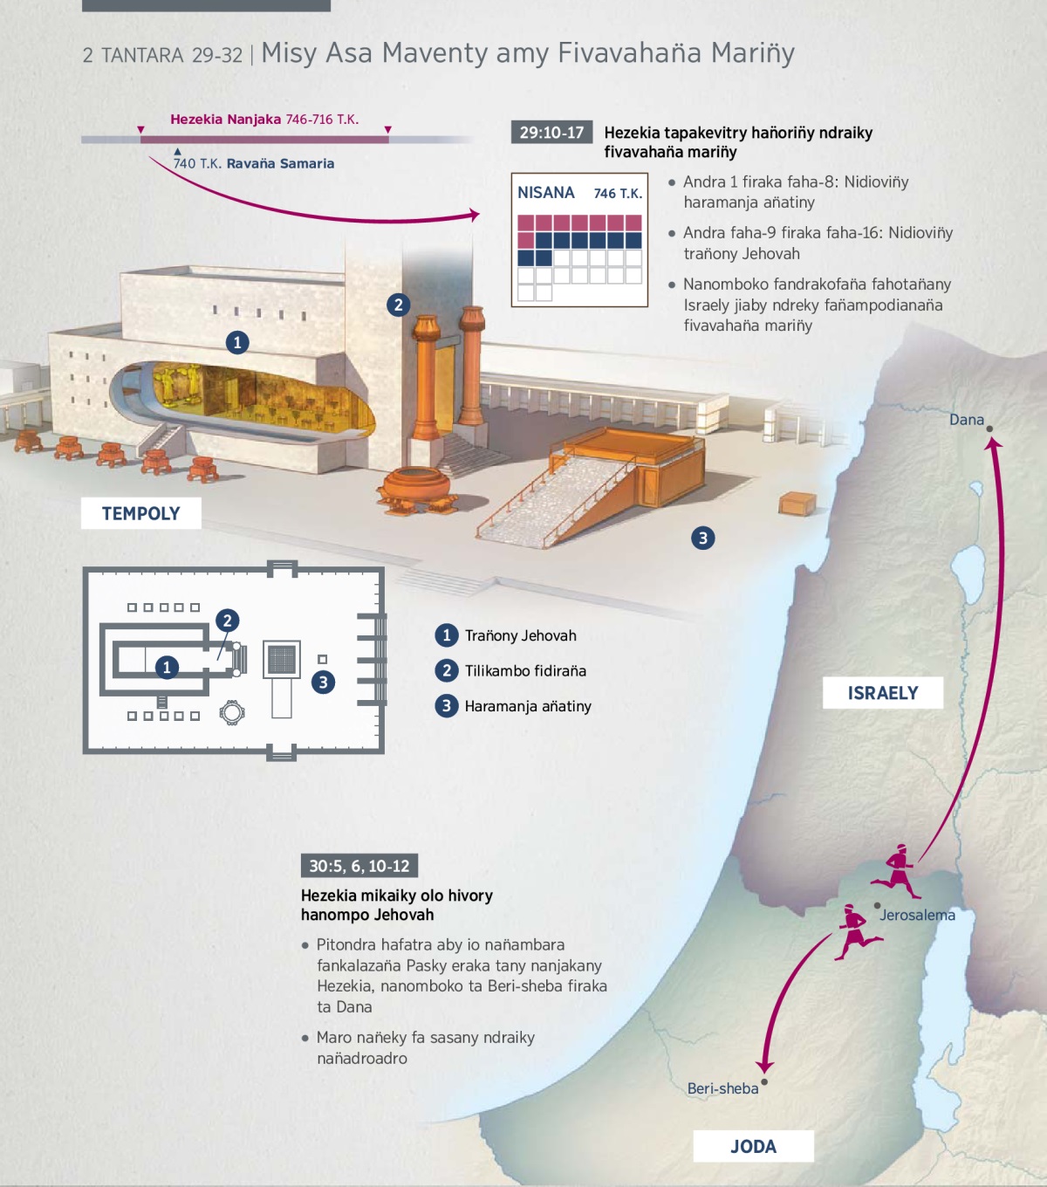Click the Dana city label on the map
[966, 420]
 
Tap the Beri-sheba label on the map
[722, 1088]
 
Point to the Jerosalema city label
[917, 915]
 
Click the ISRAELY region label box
[883, 693]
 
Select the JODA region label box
[753, 1146]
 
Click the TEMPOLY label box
[140, 513]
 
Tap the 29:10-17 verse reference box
[551, 133]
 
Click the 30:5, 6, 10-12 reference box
[359, 866]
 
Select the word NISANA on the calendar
[546, 193]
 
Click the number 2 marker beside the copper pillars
[398, 305]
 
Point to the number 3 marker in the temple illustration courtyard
[702, 538]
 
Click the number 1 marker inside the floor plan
[167, 668]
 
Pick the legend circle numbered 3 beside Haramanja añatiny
[447, 705]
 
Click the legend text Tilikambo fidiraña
[525, 670]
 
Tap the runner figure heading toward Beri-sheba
[855, 931]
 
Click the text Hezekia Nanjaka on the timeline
[225, 120]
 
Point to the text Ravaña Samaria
[280, 163]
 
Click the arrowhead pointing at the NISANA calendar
[475, 215]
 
